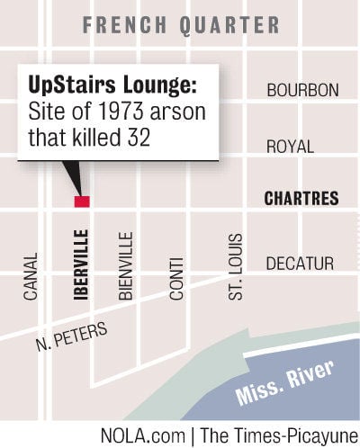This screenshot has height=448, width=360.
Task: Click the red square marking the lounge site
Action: [82, 202]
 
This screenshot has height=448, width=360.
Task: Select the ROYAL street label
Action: [290, 146]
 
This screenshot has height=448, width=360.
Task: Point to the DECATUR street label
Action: [300, 264]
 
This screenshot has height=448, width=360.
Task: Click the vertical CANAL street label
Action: [31, 274]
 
